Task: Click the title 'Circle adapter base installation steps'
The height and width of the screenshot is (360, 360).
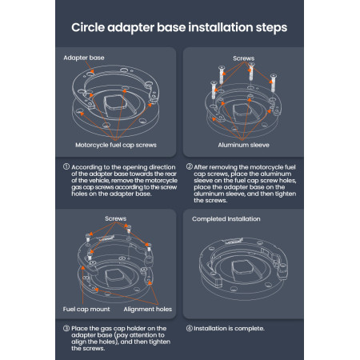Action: point(179,28)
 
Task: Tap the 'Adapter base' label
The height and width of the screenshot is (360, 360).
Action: point(84,58)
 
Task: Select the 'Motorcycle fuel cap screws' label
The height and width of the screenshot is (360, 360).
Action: point(116,145)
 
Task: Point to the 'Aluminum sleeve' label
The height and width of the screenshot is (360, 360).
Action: point(243,145)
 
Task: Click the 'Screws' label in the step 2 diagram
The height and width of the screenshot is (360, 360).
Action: point(243,58)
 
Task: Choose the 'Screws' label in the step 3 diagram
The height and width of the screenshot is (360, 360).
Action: point(115,218)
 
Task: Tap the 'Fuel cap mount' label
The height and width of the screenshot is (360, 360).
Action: point(86,309)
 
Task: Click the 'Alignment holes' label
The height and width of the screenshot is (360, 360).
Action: point(148,309)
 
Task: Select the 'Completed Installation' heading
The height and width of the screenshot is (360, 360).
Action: point(226,219)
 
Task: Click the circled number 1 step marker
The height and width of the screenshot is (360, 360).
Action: point(66,167)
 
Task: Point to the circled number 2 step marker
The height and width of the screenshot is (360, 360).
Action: point(190,167)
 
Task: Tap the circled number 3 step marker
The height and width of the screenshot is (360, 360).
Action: point(66,328)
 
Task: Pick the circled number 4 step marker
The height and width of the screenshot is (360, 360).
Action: point(190,328)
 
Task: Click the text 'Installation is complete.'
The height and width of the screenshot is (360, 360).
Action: point(229,329)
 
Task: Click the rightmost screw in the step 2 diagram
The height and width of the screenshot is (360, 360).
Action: point(273,83)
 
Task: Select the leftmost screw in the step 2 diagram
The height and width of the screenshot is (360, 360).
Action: point(214,90)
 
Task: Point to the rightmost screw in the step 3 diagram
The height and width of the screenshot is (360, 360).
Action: point(149,247)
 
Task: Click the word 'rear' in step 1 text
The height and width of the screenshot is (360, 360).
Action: point(171,174)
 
